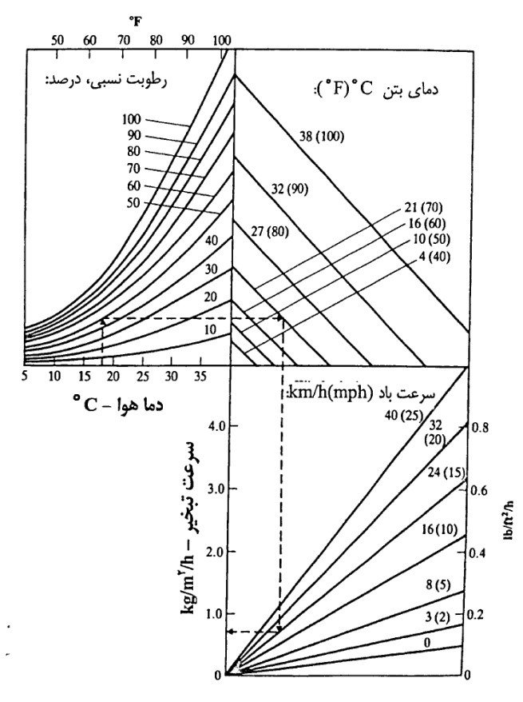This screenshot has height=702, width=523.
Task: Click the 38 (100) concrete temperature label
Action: pyautogui.click(x=319, y=136)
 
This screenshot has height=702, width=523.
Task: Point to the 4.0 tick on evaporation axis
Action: pyautogui.click(x=214, y=425)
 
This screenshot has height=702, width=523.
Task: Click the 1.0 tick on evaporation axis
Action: pyautogui.click(x=214, y=613)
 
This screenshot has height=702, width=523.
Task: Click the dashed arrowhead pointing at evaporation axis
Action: pyautogui.click(x=229, y=632)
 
